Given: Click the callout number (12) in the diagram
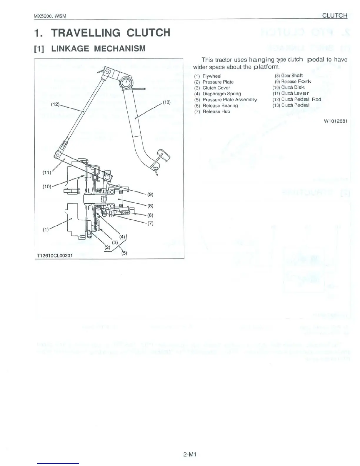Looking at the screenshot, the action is click(55, 104).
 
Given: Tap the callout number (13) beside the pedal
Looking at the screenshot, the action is click(166, 102).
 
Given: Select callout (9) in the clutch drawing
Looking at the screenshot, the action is click(150, 194).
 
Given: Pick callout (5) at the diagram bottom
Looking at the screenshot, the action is click(124, 253).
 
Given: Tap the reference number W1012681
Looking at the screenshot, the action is click(336, 121).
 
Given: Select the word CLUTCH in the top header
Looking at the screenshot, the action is click(335, 15).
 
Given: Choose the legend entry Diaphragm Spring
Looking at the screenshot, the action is click(221, 94).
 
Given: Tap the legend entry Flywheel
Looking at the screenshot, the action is click(212, 76).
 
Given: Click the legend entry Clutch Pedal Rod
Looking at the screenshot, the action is click(301, 99).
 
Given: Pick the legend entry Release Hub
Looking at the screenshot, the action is click(216, 111).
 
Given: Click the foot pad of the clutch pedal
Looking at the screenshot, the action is click(163, 155).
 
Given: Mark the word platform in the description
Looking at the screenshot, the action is click(263, 67).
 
